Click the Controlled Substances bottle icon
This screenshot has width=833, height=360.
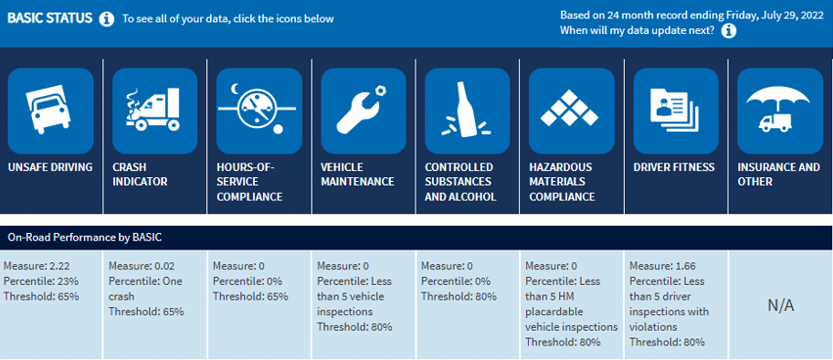pos(467,111)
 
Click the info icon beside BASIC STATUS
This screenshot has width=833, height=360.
pos(106,19)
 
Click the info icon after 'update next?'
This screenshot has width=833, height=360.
pos(729,31)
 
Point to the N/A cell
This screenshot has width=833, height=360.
pos(781,305)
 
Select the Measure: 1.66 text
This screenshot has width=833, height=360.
pos(662,266)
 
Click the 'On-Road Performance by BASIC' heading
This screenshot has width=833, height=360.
pos(84,238)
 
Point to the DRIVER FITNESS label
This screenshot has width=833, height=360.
pos(674,167)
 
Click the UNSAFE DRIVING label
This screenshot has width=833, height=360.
pos(50,167)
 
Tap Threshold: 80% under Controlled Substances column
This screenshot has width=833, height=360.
pos(459,296)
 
